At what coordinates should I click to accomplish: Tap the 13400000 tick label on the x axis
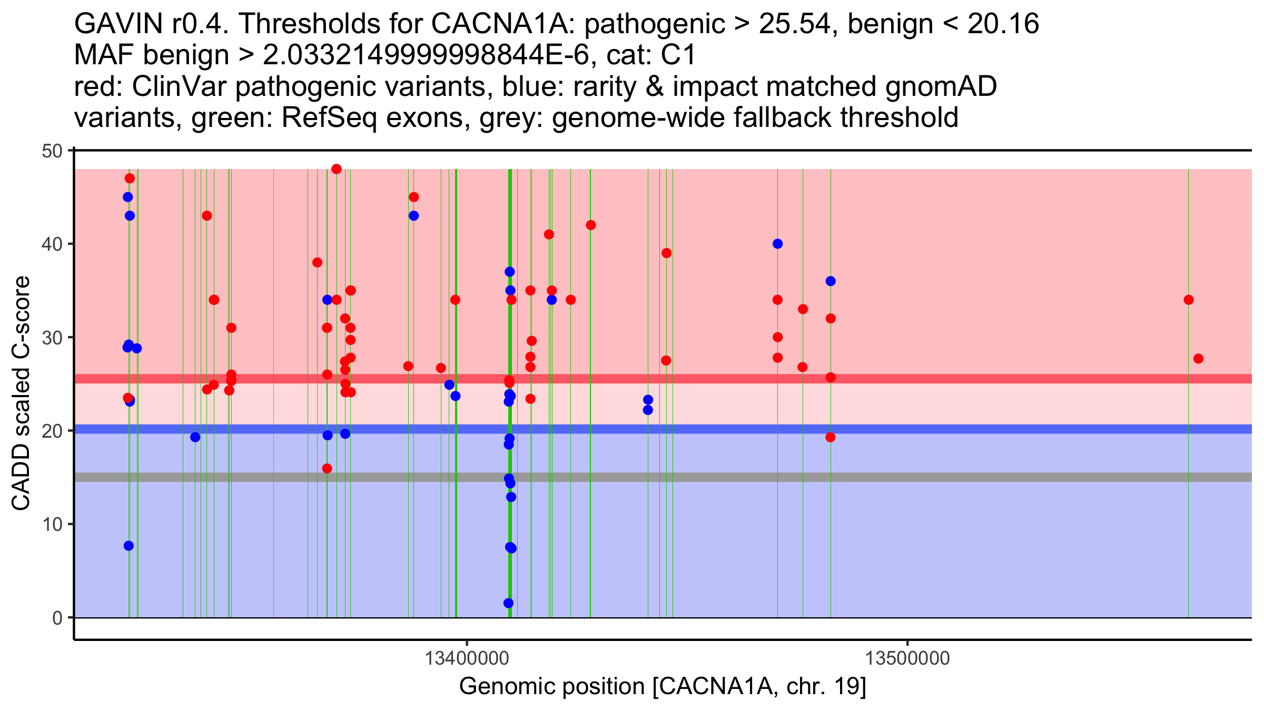coord(467,658)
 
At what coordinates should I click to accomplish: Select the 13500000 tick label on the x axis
coord(908,658)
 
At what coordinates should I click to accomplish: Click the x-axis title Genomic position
coord(663,687)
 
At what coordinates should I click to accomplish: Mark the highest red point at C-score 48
coord(337,169)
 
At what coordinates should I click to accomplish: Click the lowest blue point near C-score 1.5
coord(508,603)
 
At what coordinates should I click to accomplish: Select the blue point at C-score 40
coord(777,244)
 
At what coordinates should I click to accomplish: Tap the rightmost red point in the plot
coord(1198,359)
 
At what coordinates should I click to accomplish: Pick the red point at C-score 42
coord(591,225)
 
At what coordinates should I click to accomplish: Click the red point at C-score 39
coord(666,253)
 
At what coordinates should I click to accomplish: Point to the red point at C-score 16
coord(327,469)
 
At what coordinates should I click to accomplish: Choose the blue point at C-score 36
coord(831,281)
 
